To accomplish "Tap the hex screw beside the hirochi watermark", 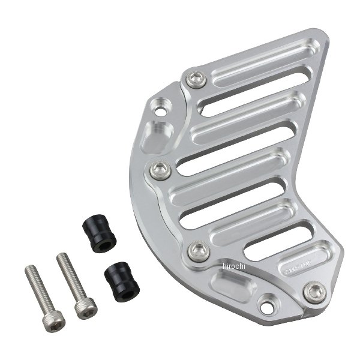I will click(x=197, y=250).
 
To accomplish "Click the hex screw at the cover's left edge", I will click(x=160, y=170).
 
